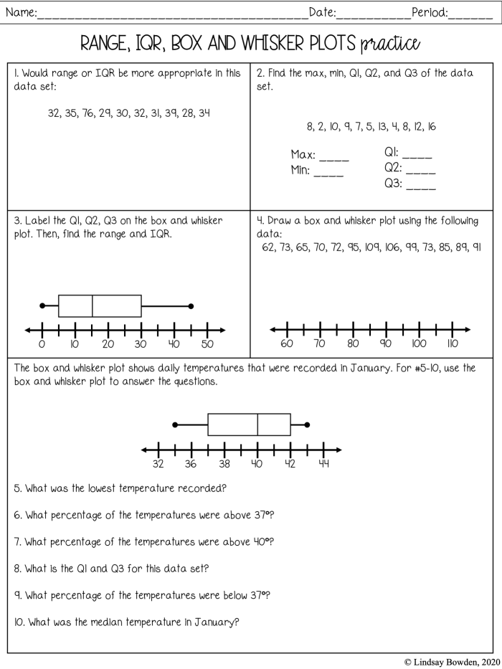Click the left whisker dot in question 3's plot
tap(42, 306)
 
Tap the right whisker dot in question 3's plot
tap(191, 306)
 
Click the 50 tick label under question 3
tap(207, 344)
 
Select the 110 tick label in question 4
tap(453, 343)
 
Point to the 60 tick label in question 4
tap(287, 343)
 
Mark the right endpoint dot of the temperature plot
tap(307, 424)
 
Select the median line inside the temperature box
tap(257, 424)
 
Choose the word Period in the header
tap(428, 11)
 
